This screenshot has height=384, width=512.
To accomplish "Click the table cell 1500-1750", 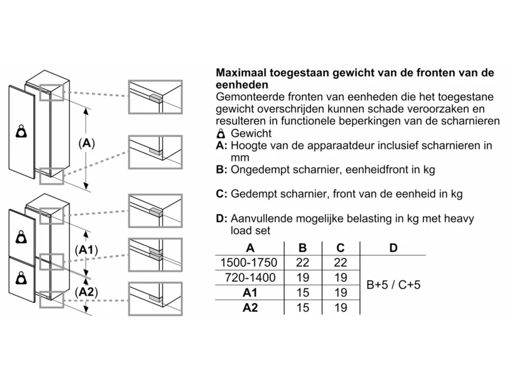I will point(249,263).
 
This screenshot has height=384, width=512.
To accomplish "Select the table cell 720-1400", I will point(250,277).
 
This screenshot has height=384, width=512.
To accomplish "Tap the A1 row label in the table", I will point(250,292).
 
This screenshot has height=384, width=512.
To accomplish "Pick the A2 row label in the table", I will point(250,308).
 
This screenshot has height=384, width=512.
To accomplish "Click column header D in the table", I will point(393,248).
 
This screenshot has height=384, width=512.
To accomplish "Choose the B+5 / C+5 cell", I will point(393,285).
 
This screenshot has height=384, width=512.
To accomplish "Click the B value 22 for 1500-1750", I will point(302,263).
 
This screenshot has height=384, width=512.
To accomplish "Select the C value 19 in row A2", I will point(340,308).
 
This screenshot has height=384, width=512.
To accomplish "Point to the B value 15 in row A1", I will point(302,292).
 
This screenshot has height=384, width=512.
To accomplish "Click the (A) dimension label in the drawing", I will point(87,143).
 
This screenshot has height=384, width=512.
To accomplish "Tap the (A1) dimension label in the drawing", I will point(86,250).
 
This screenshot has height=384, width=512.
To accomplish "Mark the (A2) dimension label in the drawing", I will point(86,292).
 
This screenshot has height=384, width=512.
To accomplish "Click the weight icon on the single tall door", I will point(21,131).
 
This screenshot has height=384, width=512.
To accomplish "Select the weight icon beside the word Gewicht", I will point(221,133).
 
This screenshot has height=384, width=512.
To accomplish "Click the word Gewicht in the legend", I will point(251,133).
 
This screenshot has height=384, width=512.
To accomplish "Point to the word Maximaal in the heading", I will point(241,73).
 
